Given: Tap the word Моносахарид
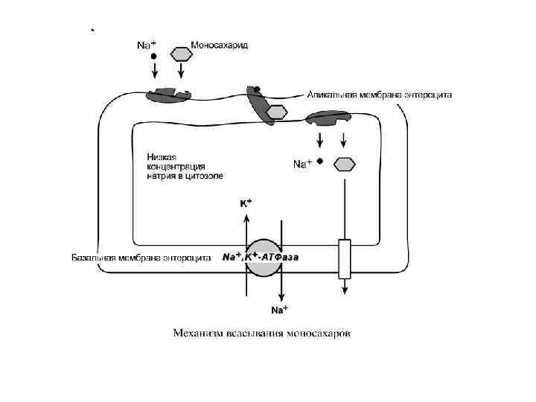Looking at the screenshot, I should coord(220,45).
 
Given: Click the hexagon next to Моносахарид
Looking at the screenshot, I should coord(181,54).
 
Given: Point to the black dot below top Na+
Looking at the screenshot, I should coord(154,56).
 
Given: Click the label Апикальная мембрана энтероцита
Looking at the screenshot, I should coord(380,95).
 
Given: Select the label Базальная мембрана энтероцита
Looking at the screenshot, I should coord(139,258).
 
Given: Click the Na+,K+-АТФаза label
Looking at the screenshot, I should coord(261,258).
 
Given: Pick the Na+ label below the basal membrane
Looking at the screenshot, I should coord(279,309).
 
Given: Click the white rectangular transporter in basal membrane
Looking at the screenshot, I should coord(344,258).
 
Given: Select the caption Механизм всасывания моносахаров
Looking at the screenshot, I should coord(263,332).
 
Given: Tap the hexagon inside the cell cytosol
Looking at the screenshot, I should coord(343,164).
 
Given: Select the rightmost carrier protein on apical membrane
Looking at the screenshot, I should coord(328,118).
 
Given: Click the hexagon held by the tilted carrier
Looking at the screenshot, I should coord(277,112).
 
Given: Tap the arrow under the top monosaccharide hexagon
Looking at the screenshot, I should coord(181,71).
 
